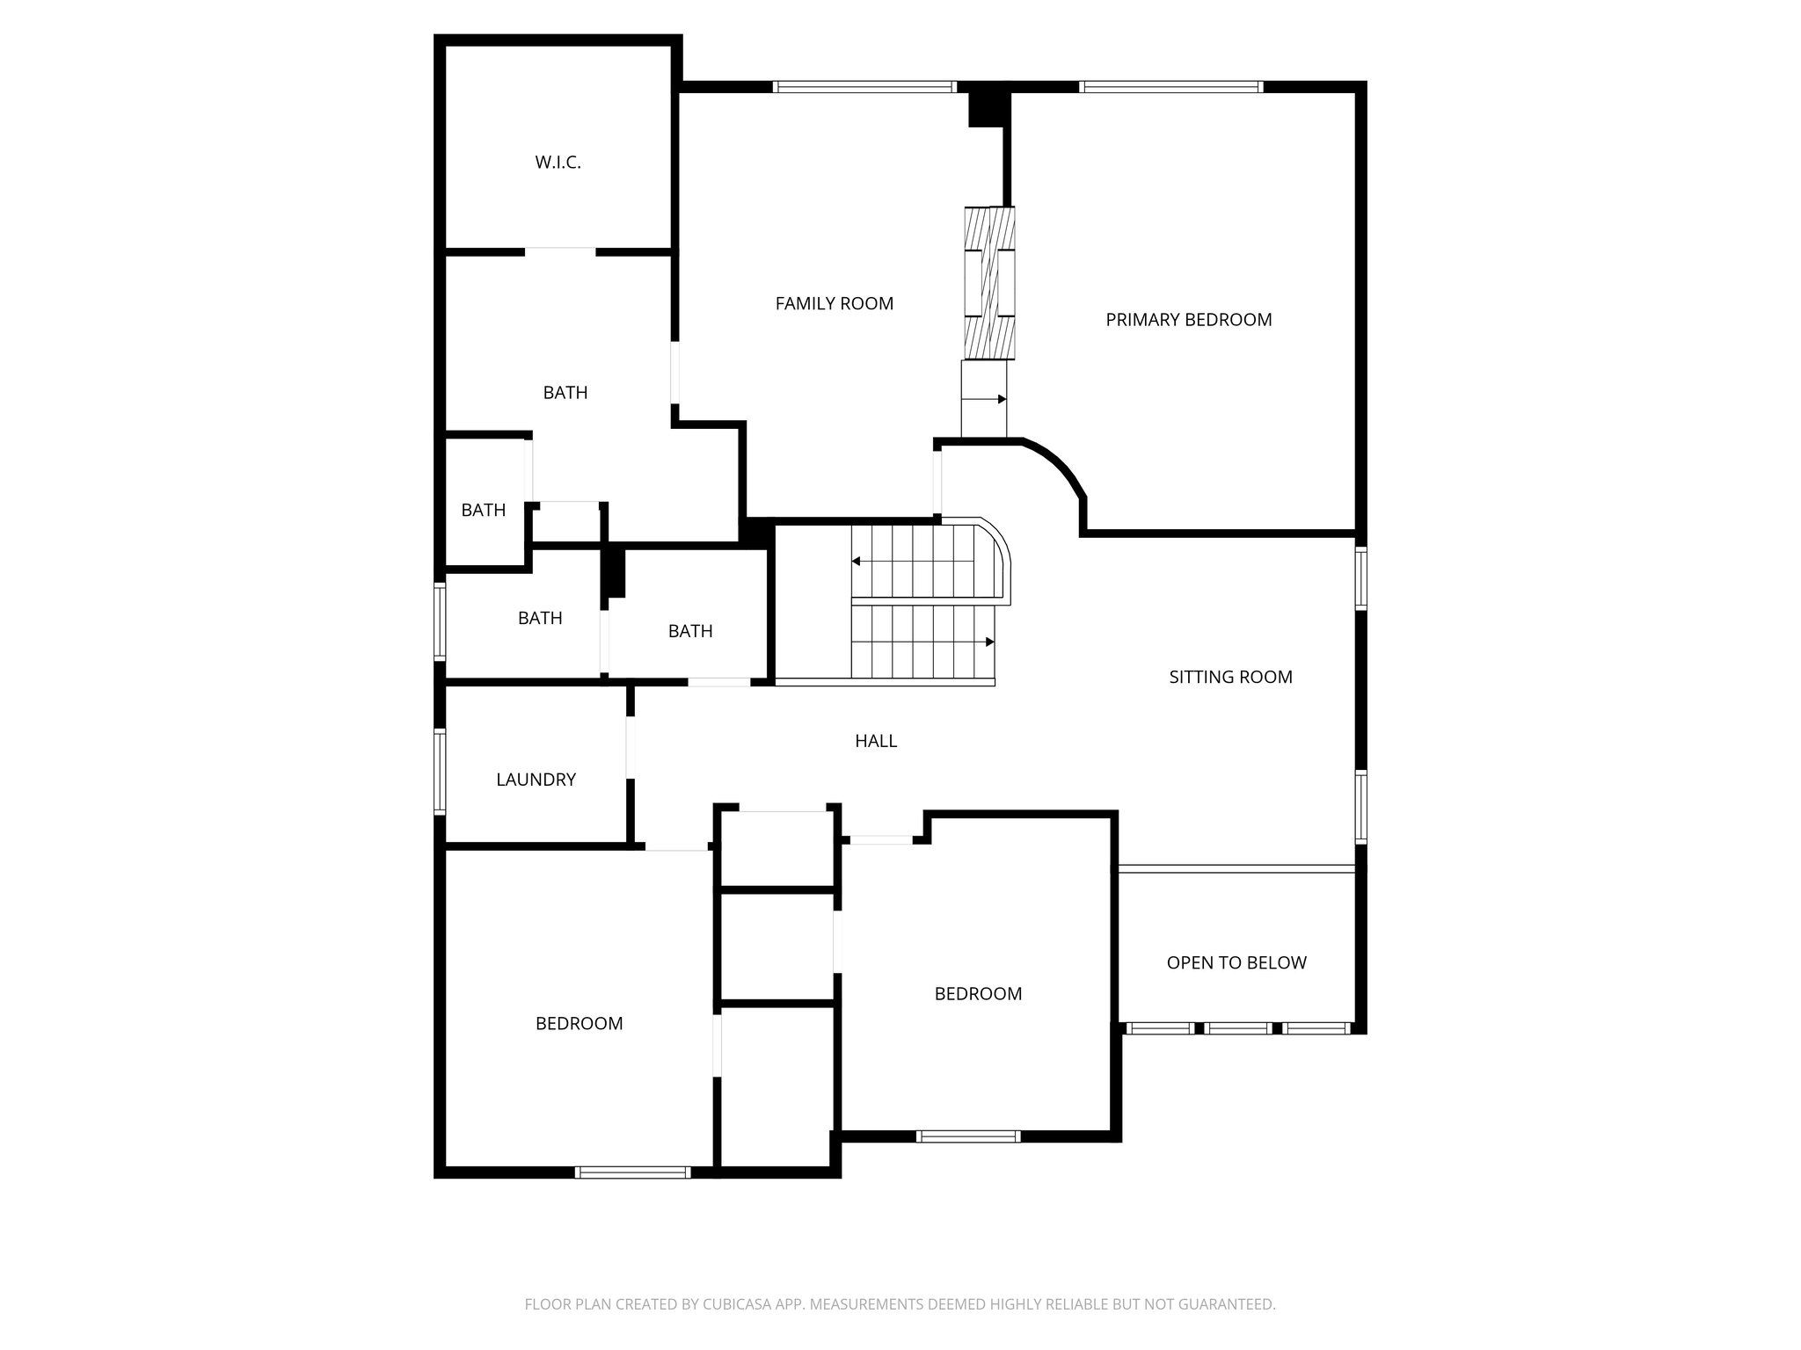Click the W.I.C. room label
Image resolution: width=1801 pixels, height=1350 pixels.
pyautogui.click(x=558, y=163)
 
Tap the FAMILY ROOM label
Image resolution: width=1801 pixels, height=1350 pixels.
pyautogui.click(x=834, y=304)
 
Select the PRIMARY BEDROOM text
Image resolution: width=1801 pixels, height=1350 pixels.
pyautogui.click(x=1188, y=320)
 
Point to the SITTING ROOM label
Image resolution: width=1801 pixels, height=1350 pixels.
pyautogui.click(x=1230, y=677)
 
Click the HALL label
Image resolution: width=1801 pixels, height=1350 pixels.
pyautogui.click(x=876, y=741)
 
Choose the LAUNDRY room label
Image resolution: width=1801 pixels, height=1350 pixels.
pyautogui.click(x=536, y=780)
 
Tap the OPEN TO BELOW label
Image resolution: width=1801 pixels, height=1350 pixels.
pyautogui.click(x=1236, y=963)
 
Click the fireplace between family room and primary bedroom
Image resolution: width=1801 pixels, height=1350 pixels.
pyautogui.click(x=989, y=283)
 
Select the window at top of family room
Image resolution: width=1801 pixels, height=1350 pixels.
pyautogui.click(x=864, y=87)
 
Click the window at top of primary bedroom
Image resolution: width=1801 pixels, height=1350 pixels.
pyautogui.click(x=1170, y=87)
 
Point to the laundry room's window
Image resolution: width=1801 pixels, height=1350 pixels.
pyautogui.click(x=440, y=771)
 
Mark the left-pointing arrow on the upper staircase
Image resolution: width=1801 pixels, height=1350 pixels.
pyautogui.click(x=856, y=561)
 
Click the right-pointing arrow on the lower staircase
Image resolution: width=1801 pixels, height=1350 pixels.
pyautogui.click(x=989, y=642)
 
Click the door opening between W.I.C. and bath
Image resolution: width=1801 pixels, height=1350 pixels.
pyautogui.click(x=560, y=252)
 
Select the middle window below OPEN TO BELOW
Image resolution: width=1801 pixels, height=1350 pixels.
pyautogui.click(x=1237, y=1027)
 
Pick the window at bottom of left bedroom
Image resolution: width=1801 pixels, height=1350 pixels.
pyautogui.click(x=632, y=1172)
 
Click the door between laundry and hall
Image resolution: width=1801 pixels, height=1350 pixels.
pyautogui.click(x=631, y=747)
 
